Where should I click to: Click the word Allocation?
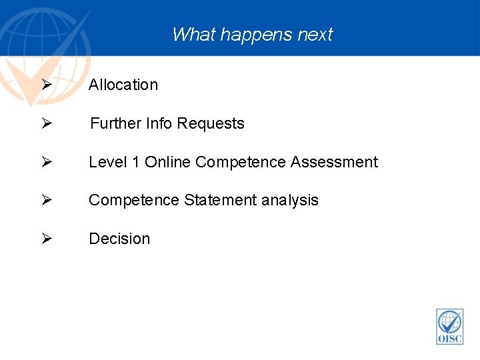[123, 85]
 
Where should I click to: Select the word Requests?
[211, 123]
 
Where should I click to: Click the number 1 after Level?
[135, 162]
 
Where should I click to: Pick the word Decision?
[119, 239]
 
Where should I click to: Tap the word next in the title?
[314, 35]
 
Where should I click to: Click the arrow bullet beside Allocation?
[46, 85]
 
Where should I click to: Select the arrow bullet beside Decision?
[46, 239]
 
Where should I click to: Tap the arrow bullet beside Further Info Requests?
[46, 123]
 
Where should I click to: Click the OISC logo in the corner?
[450, 326]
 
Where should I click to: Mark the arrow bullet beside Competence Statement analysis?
[46, 200]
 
